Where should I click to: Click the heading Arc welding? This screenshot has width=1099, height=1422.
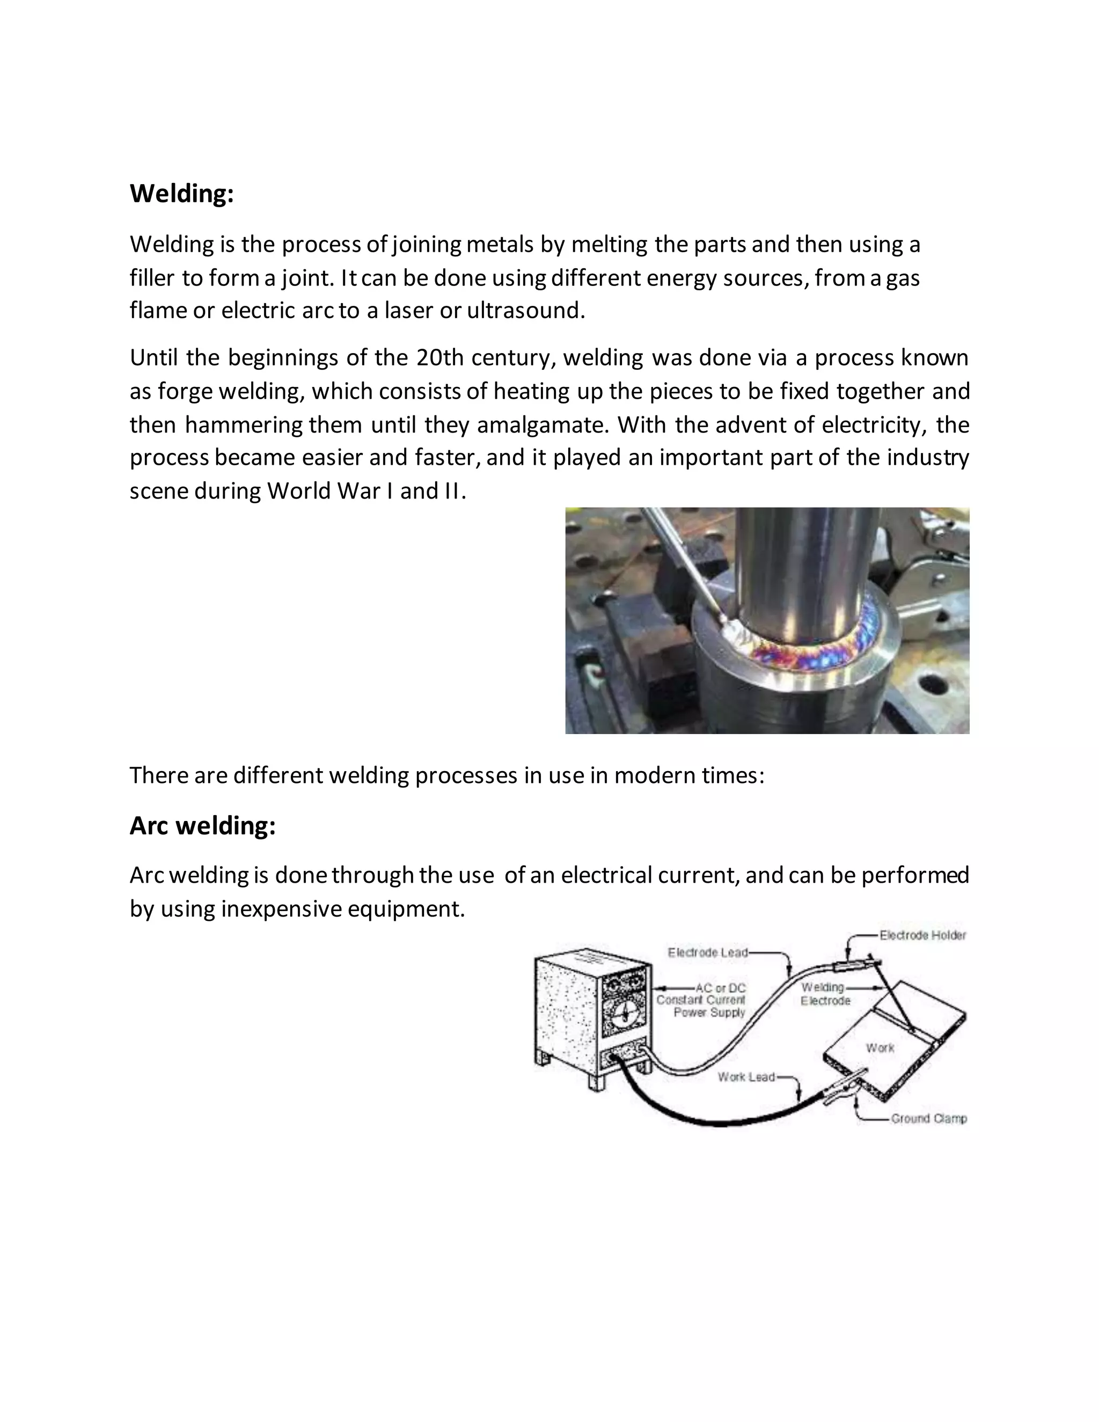pos(202,826)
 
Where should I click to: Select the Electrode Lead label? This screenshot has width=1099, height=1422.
pos(707,952)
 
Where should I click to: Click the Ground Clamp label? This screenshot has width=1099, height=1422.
pos(928,1119)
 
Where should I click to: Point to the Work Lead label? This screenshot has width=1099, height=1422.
pos(746,1077)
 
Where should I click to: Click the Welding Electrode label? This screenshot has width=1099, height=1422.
pos(825,994)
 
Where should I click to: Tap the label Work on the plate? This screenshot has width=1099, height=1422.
pos(880,1047)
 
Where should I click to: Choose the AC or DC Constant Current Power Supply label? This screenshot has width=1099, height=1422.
pos(701,1000)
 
